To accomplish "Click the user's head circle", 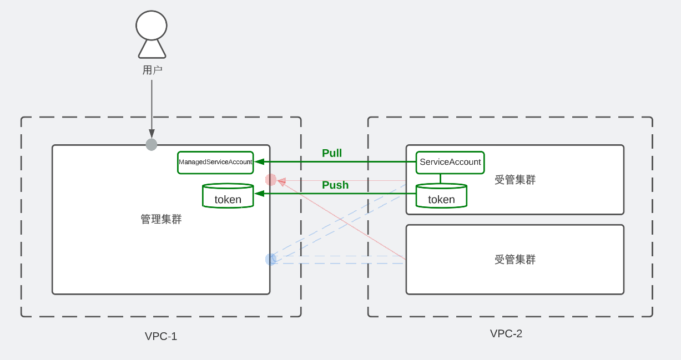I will click(152, 26).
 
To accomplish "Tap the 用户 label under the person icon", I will click(152, 70).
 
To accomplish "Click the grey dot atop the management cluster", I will click(152, 145).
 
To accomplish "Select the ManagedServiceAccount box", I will click(215, 162).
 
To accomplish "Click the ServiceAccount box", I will click(450, 162).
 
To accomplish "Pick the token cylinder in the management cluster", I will click(228, 196).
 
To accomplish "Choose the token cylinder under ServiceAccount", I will click(441, 196).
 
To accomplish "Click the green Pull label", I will click(332, 153).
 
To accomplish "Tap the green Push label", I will click(335, 185).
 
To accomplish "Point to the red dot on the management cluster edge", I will click(271, 180).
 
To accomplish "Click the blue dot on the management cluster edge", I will click(271, 259).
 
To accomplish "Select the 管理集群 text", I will click(161, 219).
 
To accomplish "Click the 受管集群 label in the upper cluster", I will click(515, 180).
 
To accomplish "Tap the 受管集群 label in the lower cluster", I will click(515, 259).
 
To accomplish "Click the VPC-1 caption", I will click(161, 336).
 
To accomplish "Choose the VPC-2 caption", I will click(506, 333).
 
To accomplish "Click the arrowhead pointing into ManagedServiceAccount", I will click(258, 162).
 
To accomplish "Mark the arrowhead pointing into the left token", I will click(258, 194).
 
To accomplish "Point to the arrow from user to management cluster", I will click(152, 105).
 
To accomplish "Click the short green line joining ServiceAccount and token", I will click(441, 179).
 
